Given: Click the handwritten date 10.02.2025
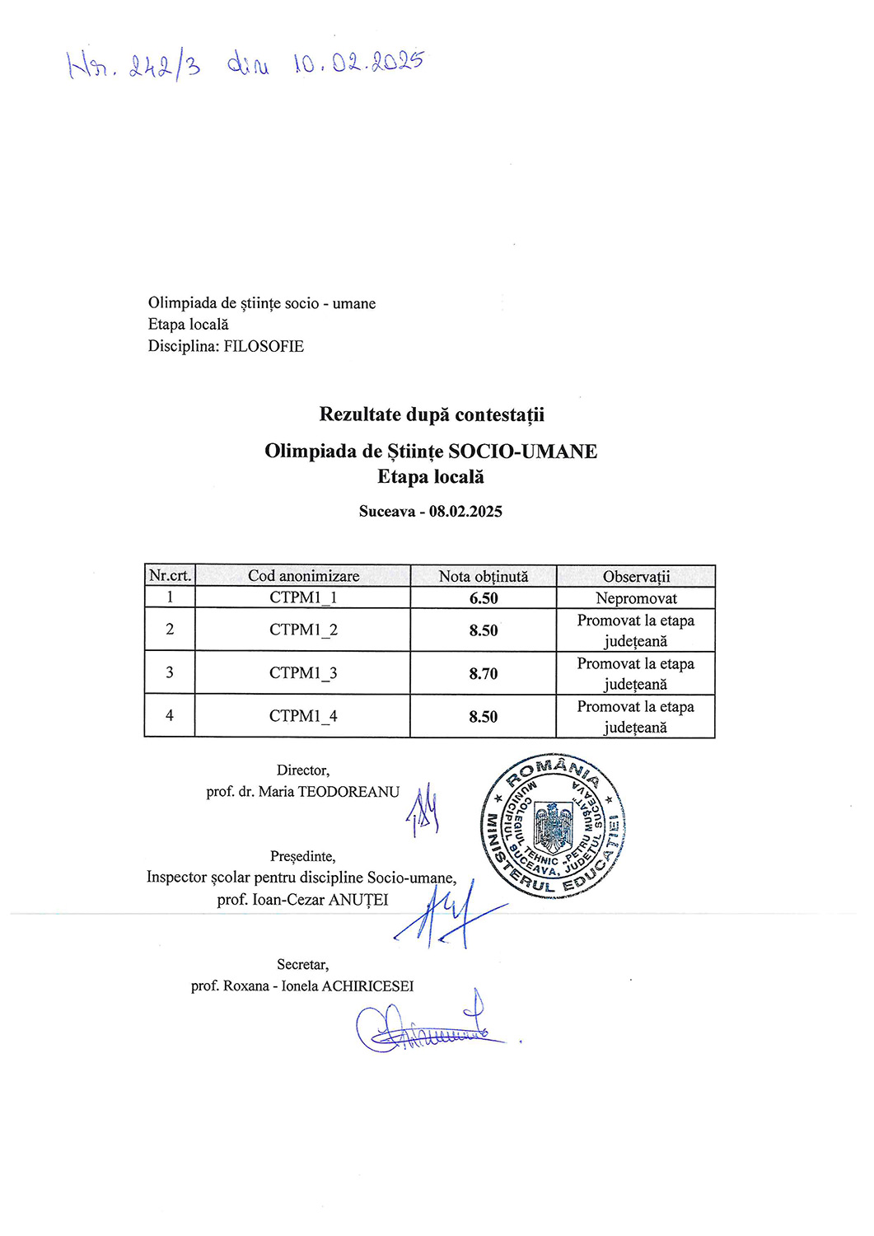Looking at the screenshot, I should coord(358,63).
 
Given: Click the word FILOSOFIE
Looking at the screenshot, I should coord(264,346).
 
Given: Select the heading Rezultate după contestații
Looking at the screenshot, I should coord(432,414).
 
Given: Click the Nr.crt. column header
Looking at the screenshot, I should coord(170,575).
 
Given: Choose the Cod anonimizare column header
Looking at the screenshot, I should coord(303,575).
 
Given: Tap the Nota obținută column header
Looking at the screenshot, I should coord(484,576).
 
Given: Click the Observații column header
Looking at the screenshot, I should coord(636,576).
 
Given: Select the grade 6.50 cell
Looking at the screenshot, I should coord(484,598).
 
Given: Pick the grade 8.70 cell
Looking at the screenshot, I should coord(484,673).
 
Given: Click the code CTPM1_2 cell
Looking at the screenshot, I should coord(303,630).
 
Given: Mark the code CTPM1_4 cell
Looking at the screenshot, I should coord(303,716).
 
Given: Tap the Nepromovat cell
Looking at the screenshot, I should coord(636,598).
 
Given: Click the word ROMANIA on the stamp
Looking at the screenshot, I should coord(553,770).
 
